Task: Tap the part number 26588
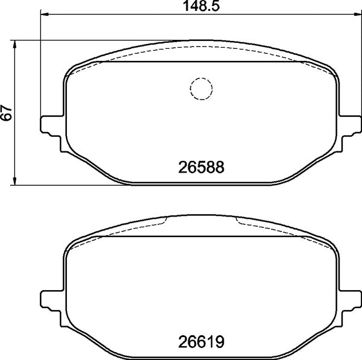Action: (x=202, y=167)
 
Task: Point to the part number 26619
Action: (x=202, y=341)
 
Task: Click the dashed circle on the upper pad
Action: (x=202, y=89)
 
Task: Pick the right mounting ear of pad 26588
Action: (x=351, y=125)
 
